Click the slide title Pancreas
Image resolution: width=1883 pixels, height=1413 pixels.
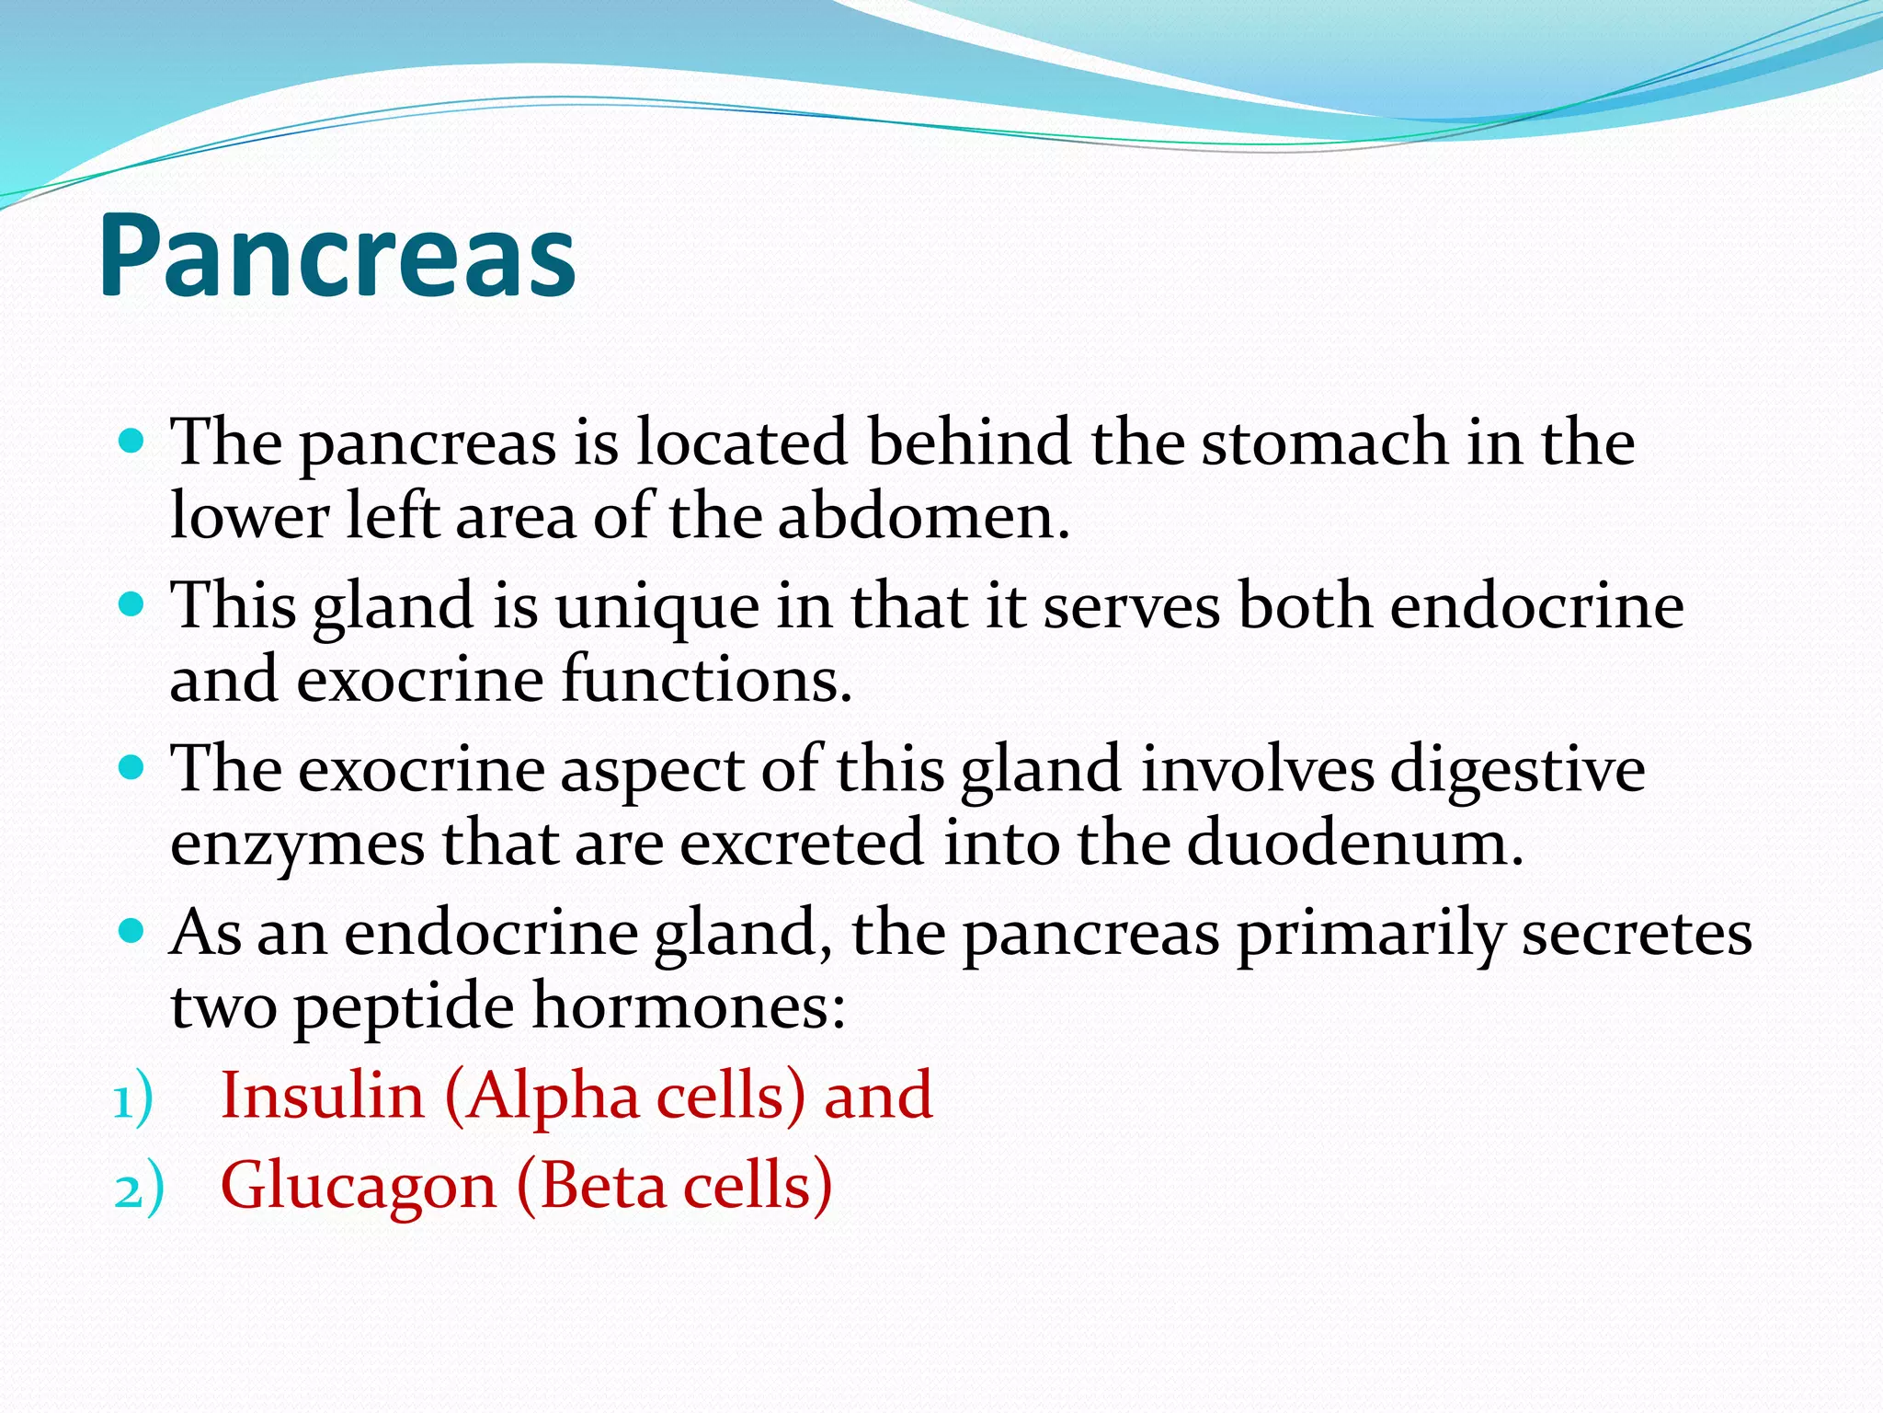pyautogui.click(x=337, y=255)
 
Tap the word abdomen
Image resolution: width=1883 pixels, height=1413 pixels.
pyautogui.click(x=923, y=516)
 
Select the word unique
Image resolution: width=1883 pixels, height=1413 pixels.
pyautogui.click(x=656, y=608)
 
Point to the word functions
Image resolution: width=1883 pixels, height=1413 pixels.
pyautogui.click(x=707, y=680)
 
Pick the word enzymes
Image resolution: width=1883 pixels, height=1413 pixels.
pyautogui.click(x=297, y=844)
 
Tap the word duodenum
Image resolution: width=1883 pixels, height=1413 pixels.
pyautogui.click(x=1354, y=843)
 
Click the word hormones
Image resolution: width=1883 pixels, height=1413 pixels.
pyautogui.click(x=689, y=1006)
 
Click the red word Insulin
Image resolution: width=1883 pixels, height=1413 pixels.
pyautogui.click(x=322, y=1097)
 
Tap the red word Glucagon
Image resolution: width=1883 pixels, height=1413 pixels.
pyautogui.click(x=359, y=1186)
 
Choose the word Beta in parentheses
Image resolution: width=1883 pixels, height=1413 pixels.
pyautogui.click(x=603, y=1186)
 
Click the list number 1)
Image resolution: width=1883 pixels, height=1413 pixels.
pyautogui.click(x=133, y=1100)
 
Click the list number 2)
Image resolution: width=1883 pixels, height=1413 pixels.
pyautogui.click(x=139, y=1190)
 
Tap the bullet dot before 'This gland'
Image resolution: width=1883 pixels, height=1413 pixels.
pyautogui.click(x=132, y=604)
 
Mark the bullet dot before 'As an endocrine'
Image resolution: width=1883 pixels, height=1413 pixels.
pyautogui.click(x=132, y=931)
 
